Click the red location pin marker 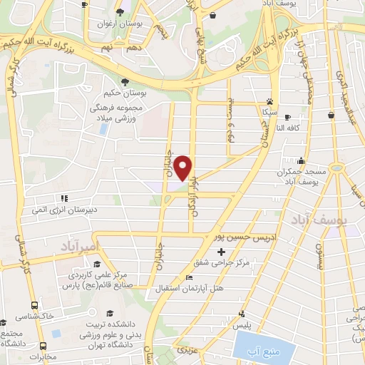pyautogui.click(x=184, y=168)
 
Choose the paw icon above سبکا pyautogui.click(x=269, y=101)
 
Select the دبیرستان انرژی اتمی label pyautogui.click(x=62, y=210)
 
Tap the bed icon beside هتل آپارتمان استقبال pyautogui.click(x=188, y=277)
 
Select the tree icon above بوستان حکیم pyautogui.click(x=125, y=83)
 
